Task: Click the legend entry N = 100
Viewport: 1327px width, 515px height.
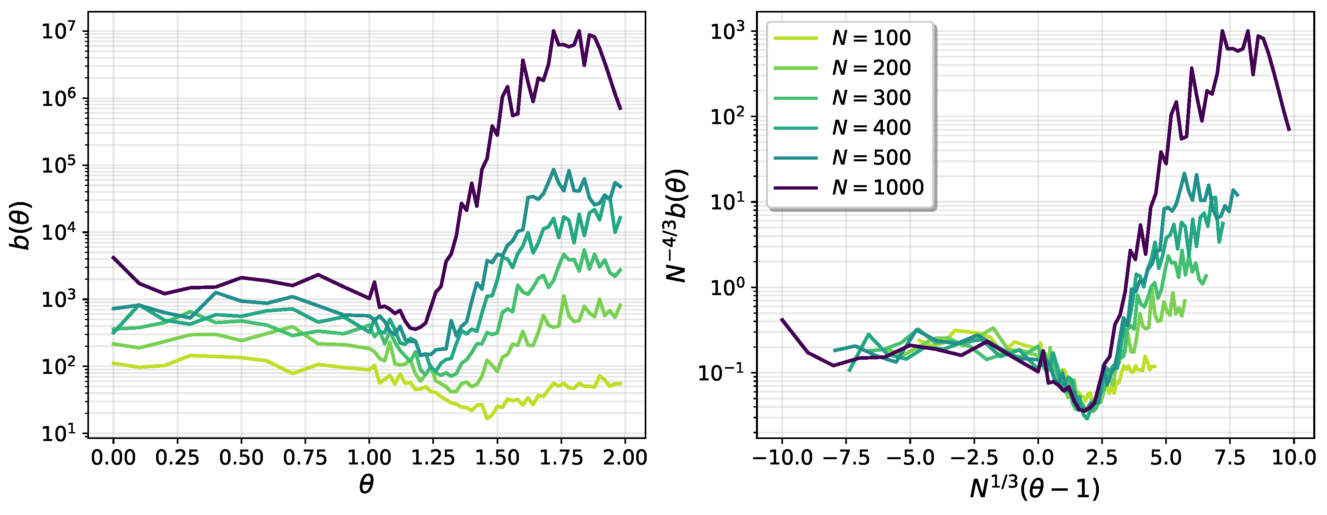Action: pyautogui.click(x=871, y=38)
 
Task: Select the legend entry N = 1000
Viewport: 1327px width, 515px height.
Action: pyautogui.click(x=877, y=188)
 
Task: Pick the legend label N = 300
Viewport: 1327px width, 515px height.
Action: pyautogui.click(x=871, y=98)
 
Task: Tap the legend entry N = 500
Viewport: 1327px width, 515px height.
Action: pyautogui.click(x=871, y=158)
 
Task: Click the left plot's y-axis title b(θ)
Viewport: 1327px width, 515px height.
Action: pyautogui.click(x=21, y=226)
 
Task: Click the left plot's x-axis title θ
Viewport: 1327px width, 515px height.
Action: pyautogui.click(x=366, y=485)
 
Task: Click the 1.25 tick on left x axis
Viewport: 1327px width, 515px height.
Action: pyautogui.click(x=433, y=457)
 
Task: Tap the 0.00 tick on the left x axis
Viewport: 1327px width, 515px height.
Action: pyautogui.click(x=113, y=457)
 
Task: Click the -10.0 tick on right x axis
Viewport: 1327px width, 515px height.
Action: pyautogui.click(x=782, y=457)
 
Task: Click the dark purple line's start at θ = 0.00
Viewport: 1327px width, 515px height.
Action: pyautogui.click(x=113, y=257)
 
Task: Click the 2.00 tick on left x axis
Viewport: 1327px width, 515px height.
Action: pyautogui.click(x=625, y=457)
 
